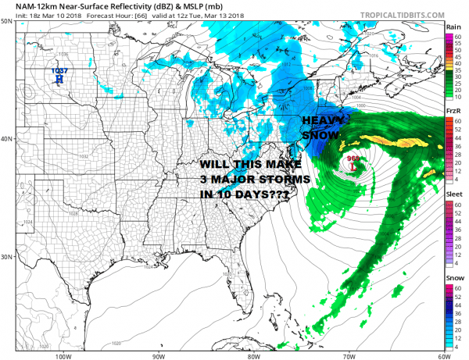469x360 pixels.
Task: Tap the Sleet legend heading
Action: [x=453, y=198]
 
